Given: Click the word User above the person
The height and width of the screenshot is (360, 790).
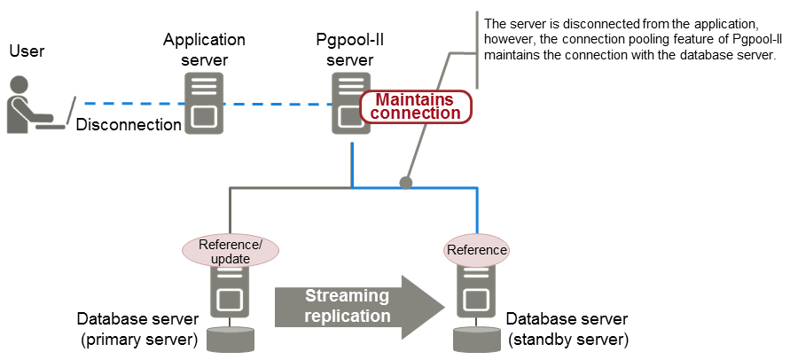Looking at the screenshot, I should tap(27, 51).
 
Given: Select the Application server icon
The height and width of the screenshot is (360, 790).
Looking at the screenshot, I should tap(203, 104).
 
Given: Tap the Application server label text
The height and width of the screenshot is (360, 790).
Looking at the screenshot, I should tap(204, 50).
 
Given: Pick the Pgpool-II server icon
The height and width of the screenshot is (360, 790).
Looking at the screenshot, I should tap(350, 104).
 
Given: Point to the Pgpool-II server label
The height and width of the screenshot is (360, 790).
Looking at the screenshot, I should tap(349, 50).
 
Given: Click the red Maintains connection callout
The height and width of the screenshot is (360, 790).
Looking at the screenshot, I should tap(416, 106).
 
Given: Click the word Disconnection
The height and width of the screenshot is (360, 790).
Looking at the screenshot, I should tap(129, 125).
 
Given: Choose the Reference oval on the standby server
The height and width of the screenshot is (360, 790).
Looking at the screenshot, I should tap(476, 250).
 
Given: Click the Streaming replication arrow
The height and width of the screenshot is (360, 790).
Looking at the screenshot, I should tap(359, 306).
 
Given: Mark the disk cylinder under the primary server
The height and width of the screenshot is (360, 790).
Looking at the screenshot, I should tap(229, 339).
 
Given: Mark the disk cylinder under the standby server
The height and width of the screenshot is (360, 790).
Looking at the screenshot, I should tap(475, 339).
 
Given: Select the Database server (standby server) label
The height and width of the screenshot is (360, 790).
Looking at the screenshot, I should tap(567, 329).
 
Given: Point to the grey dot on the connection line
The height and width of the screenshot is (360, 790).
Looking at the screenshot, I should tap(406, 183).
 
